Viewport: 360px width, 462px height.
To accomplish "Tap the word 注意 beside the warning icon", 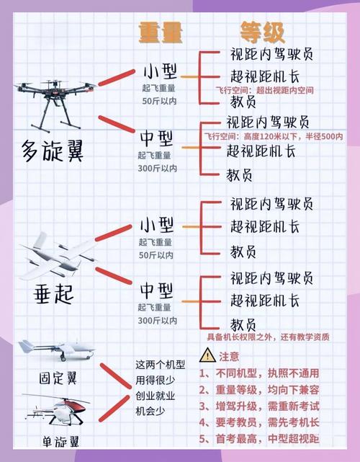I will [x=230, y=356].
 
